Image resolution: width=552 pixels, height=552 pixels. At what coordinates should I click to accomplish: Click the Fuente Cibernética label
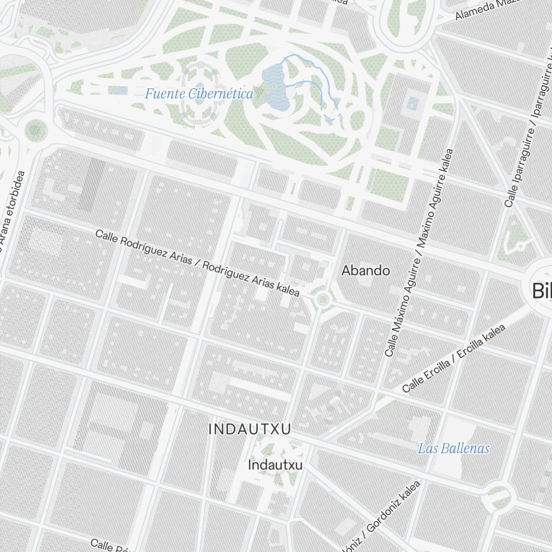pyautogui.click(x=199, y=94)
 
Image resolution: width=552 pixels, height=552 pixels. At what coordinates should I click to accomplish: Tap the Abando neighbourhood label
pyautogui.click(x=365, y=270)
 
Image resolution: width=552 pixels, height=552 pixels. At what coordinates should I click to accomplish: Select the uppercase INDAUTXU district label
pyautogui.click(x=250, y=428)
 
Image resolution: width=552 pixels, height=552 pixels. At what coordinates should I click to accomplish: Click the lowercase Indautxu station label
pyautogui.click(x=275, y=465)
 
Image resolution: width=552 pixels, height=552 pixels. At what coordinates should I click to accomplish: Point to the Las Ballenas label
pyautogui.click(x=453, y=448)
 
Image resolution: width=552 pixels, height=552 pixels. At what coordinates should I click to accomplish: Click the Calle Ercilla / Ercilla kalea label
pyautogui.click(x=454, y=359)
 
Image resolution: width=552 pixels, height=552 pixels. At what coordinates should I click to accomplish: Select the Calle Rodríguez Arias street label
pyautogui.click(x=198, y=263)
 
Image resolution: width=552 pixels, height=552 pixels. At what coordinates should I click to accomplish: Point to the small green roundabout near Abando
pyautogui.click(x=323, y=300)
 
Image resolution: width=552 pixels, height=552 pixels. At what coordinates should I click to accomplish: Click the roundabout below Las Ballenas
pyautogui.click(x=498, y=497)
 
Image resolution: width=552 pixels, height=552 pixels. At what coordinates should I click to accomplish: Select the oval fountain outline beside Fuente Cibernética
pyautogui.click(x=198, y=93)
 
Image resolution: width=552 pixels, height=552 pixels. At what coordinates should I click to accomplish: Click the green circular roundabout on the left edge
pyautogui.click(x=35, y=130)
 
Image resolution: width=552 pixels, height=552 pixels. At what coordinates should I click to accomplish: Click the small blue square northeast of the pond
pyautogui.click(x=412, y=103)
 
